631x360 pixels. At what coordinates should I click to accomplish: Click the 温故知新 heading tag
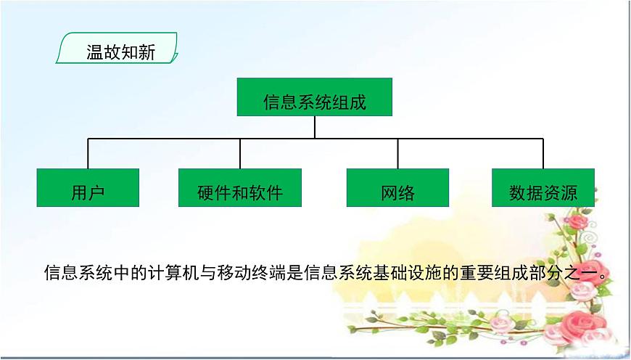[117, 52]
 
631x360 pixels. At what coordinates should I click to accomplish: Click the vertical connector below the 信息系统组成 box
[315, 127]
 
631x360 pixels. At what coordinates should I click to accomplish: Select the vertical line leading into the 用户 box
[88, 154]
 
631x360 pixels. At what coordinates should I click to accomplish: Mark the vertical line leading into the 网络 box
[397, 154]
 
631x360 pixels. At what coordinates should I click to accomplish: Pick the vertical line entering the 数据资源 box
[543, 154]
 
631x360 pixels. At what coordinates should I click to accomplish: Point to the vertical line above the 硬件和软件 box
[240, 154]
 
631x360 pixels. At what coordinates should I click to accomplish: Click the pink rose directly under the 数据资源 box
[577, 221]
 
